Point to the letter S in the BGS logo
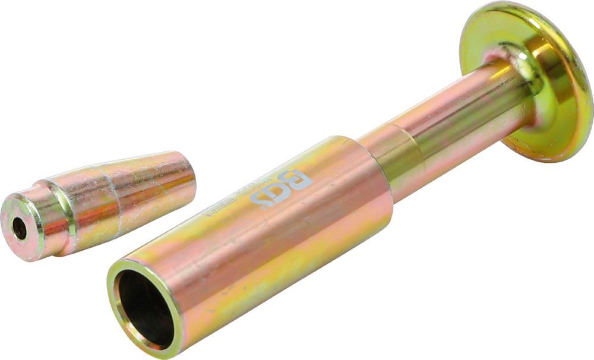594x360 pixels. pyautogui.click(x=261, y=200)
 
